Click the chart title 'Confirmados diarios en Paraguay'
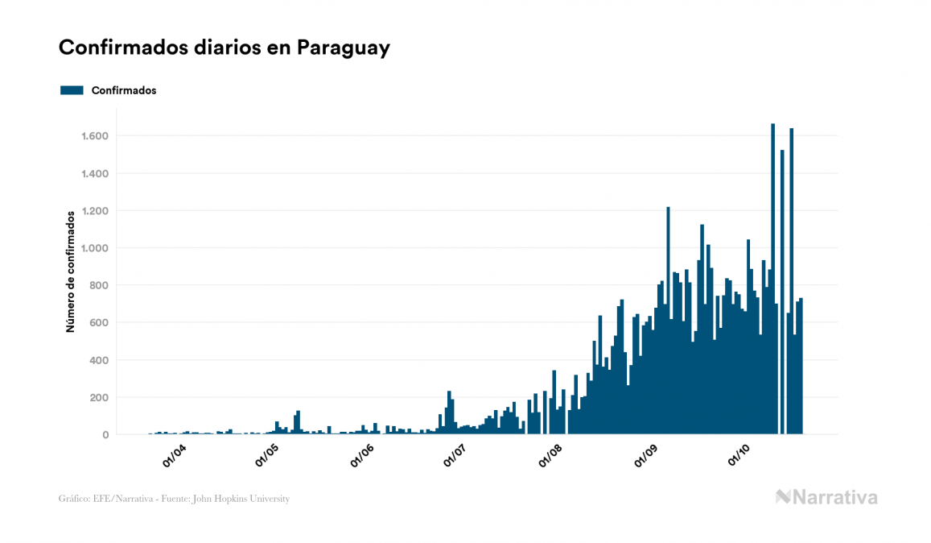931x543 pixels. coord(225,48)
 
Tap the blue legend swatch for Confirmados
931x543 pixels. coord(72,90)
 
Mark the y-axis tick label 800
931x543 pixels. coord(98,285)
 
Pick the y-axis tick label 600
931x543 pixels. coord(98,323)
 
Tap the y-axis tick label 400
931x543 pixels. coord(98,360)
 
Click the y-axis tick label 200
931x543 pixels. coord(98,397)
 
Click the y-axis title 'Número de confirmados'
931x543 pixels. coord(71,271)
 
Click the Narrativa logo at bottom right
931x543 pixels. coord(826,497)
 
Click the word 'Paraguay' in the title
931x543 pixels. coord(344,48)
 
